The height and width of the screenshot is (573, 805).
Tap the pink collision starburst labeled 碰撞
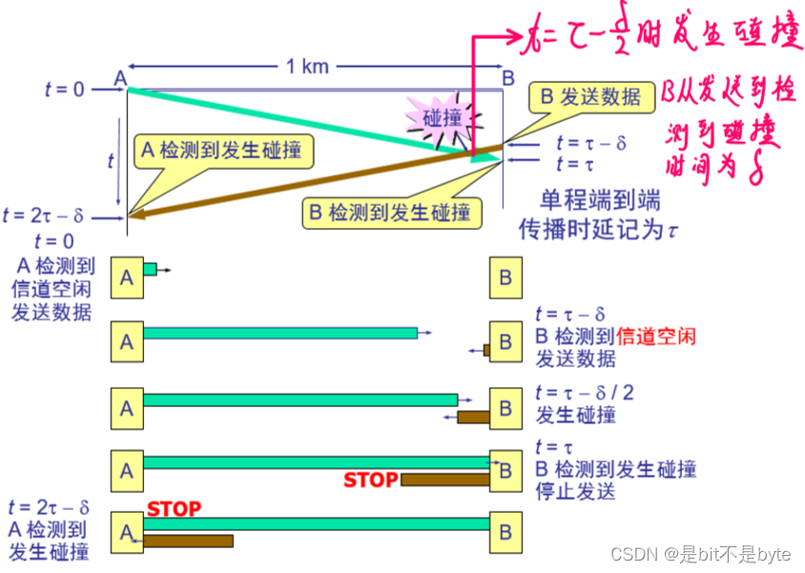pyautogui.click(x=443, y=118)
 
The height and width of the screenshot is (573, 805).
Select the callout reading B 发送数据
pyautogui.click(x=591, y=95)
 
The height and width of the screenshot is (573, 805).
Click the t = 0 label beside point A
pyautogui.click(x=65, y=89)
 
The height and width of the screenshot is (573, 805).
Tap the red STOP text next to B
pyautogui.click(x=370, y=480)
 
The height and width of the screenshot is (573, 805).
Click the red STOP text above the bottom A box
pyautogui.click(x=175, y=509)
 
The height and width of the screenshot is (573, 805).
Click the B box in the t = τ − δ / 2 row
pyautogui.click(x=506, y=409)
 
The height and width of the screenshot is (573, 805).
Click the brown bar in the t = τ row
pyautogui.click(x=444, y=480)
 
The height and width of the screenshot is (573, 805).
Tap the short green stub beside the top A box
pyautogui.click(x=150, y=270)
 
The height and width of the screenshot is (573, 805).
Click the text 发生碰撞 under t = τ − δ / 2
pyautogui.click(x=576, y=416)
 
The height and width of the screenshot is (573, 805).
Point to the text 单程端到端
pyautogui.click(x=600, y=202)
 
